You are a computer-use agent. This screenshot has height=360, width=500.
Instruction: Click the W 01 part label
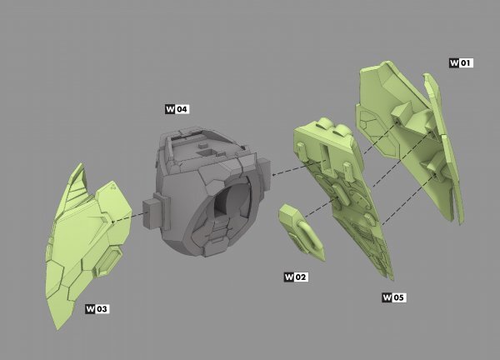(461, 62)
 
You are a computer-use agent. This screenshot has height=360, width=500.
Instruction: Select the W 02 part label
(296, 277)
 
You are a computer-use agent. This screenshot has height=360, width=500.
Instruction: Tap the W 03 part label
(97, 308)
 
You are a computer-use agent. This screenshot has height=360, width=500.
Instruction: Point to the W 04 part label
(177, 109)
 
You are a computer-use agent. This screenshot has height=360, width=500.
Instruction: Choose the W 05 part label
(394, 297)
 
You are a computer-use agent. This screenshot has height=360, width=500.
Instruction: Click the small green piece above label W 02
(302, 232)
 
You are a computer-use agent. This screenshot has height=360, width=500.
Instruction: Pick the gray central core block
(211, 192)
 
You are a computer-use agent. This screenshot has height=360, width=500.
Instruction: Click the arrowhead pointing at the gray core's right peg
(273, 174)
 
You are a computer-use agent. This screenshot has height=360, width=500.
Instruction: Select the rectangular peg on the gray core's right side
(264, 172)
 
